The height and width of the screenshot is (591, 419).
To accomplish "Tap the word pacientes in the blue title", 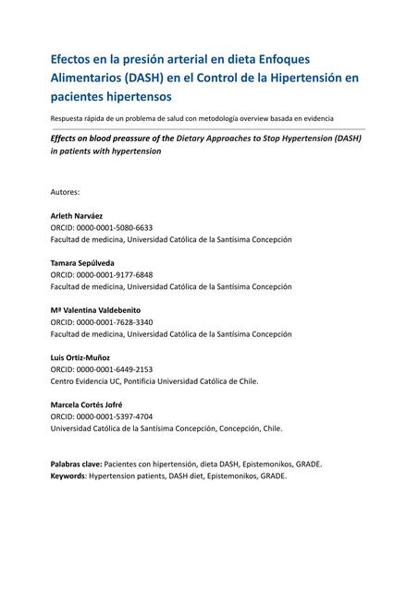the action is pos(80,96).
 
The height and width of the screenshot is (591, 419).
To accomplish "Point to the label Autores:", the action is pos(65,191).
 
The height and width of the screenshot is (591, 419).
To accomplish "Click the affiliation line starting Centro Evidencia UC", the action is pos(154,380).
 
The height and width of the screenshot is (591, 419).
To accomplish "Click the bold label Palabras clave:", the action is pos(76,464).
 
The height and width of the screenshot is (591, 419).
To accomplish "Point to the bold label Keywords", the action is pos(69,476).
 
